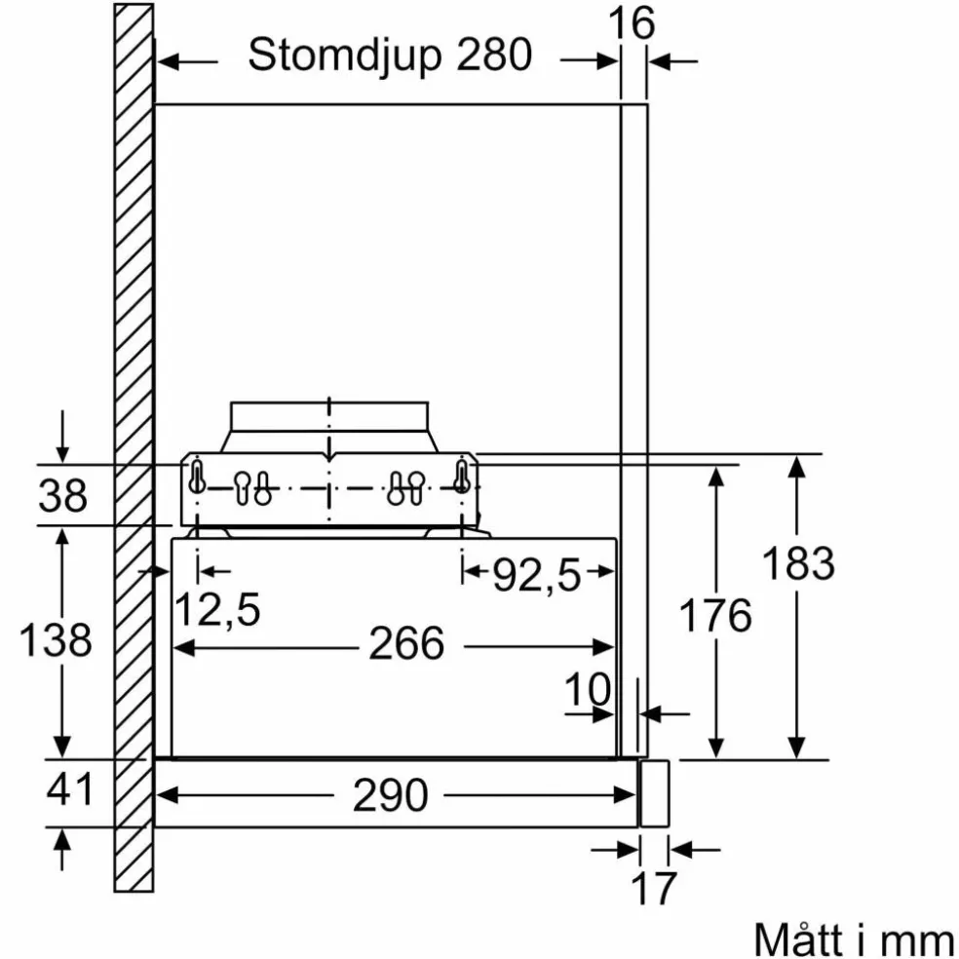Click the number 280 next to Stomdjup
(494, 55)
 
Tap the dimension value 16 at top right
(632, 23)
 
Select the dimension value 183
(798, 563)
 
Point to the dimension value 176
(715, 615)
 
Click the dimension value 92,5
(536, 575)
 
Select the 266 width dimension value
(406, 643)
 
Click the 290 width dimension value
(390, 795)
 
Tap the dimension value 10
(587, 689)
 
